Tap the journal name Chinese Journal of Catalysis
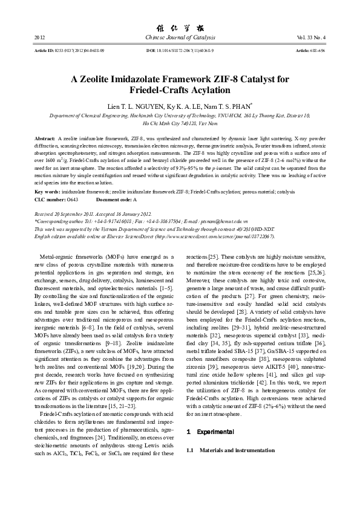coord(180,38)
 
